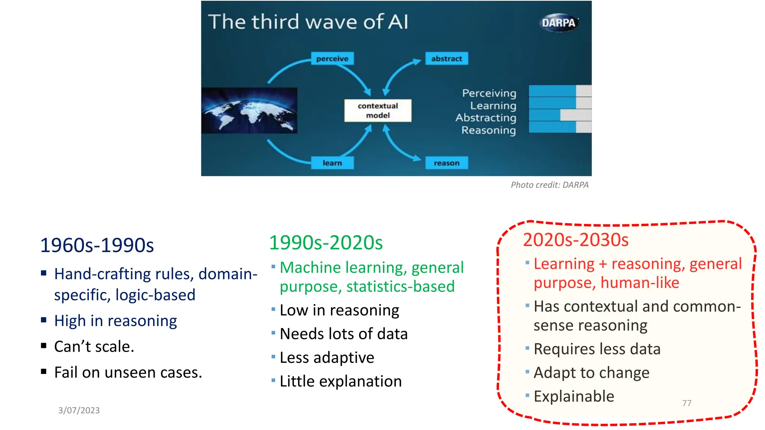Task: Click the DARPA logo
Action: [558, 23]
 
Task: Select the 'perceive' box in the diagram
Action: [332, 59]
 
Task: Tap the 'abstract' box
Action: [446, 59]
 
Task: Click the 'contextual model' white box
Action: [378, 110]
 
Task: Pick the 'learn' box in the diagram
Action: [332, 163]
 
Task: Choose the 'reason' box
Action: [446, 163]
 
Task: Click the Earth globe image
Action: [249, 110]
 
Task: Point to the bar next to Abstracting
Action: [560, 115]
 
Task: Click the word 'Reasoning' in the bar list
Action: [489, 130]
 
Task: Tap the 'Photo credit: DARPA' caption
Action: [549, 185]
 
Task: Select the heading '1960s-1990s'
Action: [97, 245]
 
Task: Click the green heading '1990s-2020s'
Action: [326, 243]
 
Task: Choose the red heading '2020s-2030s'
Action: [576, 240]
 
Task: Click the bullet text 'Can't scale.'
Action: [94, 346]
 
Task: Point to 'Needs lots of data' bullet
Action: [344, 334]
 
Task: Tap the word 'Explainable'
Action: [574, 396]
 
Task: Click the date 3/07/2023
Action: [79, 410]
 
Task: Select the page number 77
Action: [687, 403]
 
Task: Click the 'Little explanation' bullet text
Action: [341, 381]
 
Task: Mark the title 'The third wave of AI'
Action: [308, 22]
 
